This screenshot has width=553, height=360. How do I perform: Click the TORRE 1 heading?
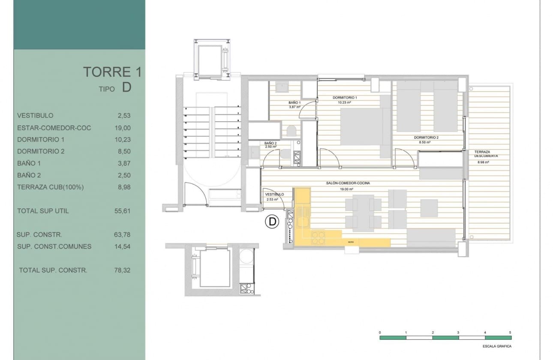112,72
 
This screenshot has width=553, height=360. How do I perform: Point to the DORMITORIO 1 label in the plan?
345,98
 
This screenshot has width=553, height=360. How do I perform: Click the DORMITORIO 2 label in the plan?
426,138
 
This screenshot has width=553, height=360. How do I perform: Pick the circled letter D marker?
272,222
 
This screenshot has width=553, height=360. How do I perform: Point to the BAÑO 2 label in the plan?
270,143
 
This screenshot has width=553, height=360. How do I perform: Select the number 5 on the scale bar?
510,333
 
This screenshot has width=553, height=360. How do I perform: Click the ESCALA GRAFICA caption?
497,346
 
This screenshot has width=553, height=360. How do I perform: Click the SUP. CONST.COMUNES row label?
54,246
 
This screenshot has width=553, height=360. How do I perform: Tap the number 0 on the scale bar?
380,333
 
